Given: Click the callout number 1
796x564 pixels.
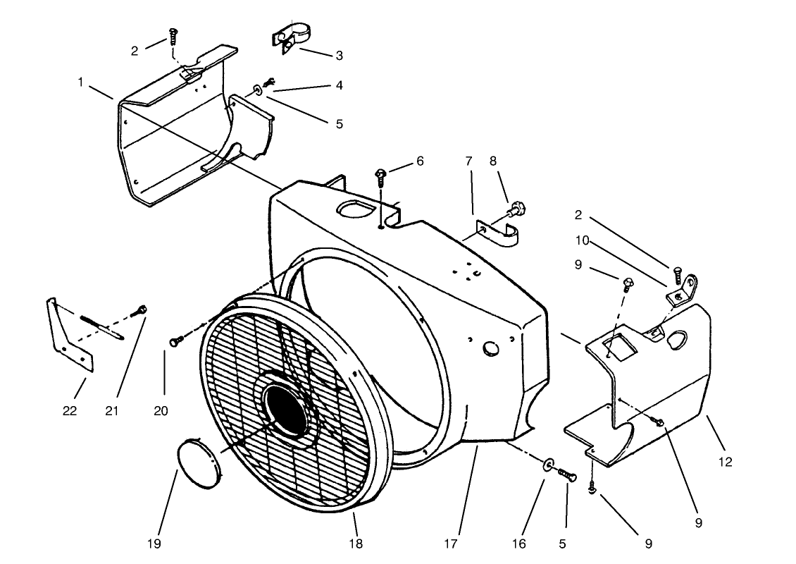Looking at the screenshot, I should (81, 82).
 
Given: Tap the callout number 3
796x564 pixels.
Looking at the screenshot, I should (339, 56).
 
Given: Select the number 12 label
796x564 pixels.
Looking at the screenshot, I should (726, 462).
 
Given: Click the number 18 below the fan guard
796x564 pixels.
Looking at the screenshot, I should (356, 544).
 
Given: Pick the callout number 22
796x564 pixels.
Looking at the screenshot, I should (70, 411).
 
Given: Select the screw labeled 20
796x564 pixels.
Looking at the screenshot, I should (176, 341).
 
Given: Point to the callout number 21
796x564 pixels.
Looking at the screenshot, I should (118, 411).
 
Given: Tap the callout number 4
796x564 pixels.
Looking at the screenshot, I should (339, 85).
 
